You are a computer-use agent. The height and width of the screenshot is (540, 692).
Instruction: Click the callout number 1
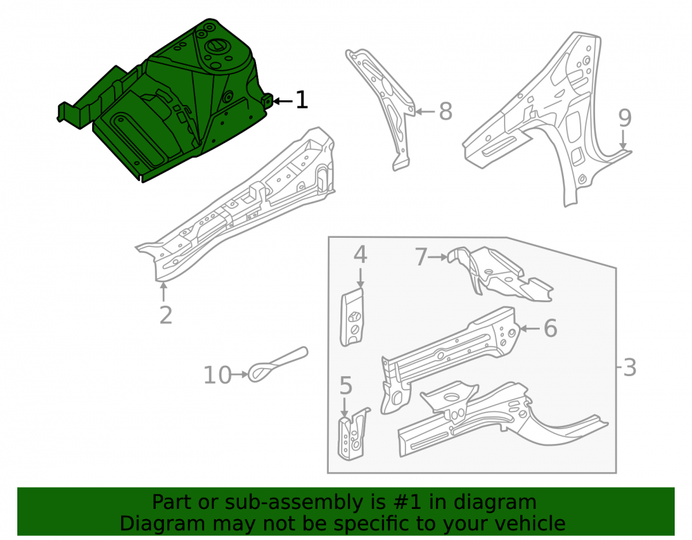coord(302,100)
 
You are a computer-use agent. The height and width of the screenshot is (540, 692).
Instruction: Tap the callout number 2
coord(165,315)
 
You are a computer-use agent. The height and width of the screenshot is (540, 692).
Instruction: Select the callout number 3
coord(630,367)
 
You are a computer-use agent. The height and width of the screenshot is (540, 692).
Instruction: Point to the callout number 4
coord(360,255)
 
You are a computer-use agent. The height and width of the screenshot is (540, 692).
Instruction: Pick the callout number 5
coord(346,385)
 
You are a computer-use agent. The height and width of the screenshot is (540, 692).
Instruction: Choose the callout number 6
coord(550,328)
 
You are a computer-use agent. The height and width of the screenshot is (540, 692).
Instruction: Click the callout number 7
coord(421,257)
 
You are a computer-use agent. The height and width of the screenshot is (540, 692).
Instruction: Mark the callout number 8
coord(446,111)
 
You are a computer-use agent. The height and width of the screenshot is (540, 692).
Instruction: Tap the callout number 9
coord(624,118)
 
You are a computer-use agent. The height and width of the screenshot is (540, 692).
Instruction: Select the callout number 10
coord(217,375)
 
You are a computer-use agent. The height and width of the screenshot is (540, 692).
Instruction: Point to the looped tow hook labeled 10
coord(278,364)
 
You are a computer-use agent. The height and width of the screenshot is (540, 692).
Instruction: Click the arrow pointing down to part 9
coord(623,139)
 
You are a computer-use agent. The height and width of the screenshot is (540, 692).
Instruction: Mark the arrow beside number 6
coord(529,328)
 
